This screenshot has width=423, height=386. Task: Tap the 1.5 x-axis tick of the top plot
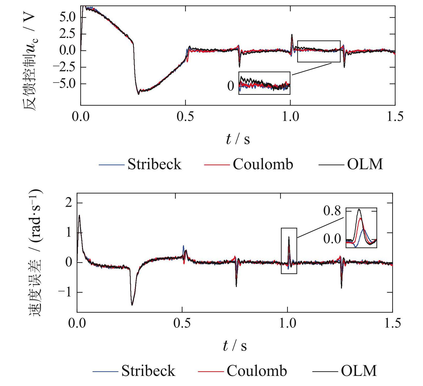tap(395, 117)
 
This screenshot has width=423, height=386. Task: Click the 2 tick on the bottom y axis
tap(68, 203)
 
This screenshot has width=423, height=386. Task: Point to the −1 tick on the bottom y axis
tap(65, 292)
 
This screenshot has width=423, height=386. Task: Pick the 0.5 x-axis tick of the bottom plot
tap(182, 323)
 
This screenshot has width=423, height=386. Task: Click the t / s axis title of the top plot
tap(238, 139)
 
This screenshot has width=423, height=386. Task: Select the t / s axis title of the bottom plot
tap(235, 346)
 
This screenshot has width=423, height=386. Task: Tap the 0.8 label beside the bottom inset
tap(332, 211)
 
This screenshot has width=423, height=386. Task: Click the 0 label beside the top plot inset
tap(231, 86)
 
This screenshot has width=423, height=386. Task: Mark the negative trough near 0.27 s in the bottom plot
tap(132, 305)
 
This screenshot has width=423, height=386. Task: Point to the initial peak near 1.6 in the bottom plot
tap(79, 216)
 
